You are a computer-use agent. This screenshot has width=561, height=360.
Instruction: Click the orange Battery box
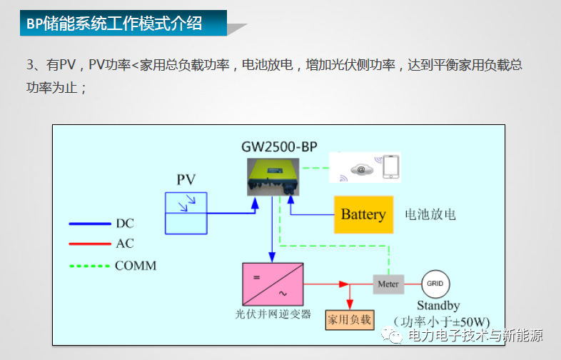363,214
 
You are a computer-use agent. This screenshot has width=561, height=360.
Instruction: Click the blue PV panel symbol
186,213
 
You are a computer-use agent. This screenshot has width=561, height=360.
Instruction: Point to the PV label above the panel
186,179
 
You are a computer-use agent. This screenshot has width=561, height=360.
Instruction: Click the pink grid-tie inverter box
273,284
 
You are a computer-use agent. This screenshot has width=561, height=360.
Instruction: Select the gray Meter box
388,284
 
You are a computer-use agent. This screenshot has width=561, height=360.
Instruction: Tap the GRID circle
435,284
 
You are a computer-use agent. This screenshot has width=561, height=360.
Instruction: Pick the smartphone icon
390,167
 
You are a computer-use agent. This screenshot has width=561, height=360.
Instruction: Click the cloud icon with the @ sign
360,170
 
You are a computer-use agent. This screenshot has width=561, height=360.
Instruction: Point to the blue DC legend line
89,224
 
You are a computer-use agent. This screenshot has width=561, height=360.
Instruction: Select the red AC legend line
89,244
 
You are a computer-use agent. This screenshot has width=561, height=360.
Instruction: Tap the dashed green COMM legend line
89,266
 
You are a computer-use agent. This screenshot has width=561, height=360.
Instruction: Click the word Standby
438,306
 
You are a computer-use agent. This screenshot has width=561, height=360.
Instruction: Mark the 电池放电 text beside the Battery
430,214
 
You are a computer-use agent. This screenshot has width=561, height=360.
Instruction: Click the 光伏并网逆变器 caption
273,314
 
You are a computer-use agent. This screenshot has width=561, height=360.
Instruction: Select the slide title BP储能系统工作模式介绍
114,24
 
